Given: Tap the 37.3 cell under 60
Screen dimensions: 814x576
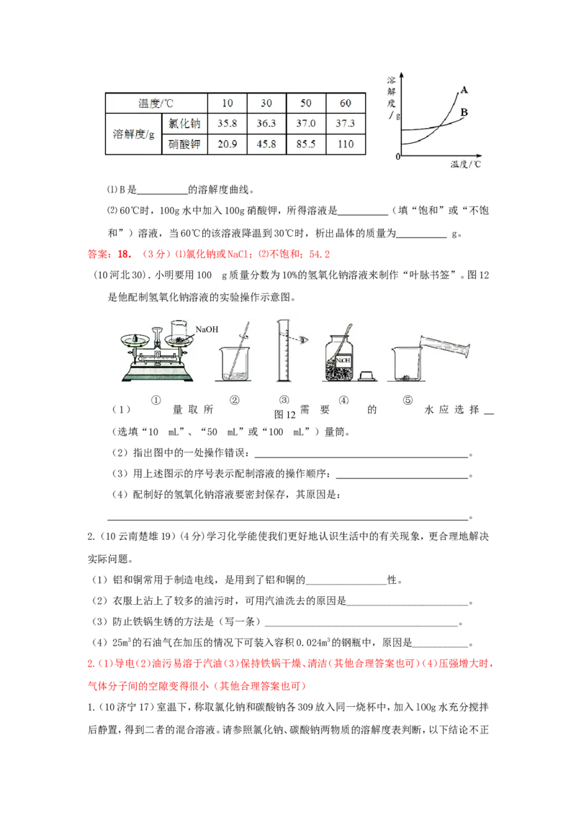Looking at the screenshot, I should (346, 123).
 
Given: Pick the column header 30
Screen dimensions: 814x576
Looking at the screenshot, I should (266, 103).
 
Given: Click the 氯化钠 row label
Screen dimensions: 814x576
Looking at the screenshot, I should (184, 123).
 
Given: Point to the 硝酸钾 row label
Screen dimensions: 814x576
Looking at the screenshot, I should (184, 144).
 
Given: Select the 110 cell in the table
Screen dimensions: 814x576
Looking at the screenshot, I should (346, 144).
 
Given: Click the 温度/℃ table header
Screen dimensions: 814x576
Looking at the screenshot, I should (156, 103).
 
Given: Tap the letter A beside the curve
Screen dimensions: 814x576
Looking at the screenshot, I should (464, 91).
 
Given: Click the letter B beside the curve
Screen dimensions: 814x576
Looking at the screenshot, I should (464, 112).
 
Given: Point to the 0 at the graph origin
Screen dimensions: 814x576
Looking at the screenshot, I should (397, 157).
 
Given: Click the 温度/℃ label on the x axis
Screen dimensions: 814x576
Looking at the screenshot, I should (469, 164).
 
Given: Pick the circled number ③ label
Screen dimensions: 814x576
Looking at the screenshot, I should (284, 401).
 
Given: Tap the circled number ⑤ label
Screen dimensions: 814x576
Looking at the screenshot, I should (408, 401).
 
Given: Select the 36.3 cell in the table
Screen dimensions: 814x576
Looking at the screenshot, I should (266, 123).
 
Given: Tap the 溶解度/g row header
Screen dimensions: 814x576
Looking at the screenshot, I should (134, 134).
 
